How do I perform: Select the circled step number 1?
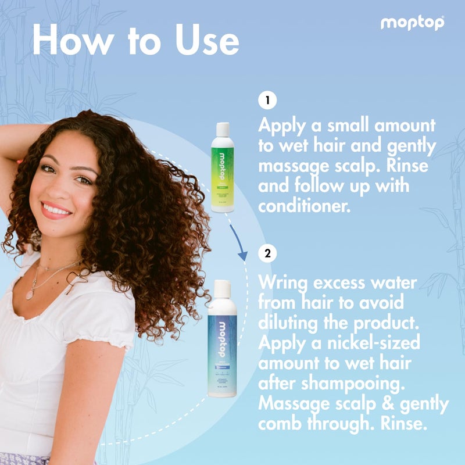tap(267, 101)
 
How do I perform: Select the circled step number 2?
tap(267, 253)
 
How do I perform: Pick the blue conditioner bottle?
tap(222, 343)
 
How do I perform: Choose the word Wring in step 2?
tap(288, 284)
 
